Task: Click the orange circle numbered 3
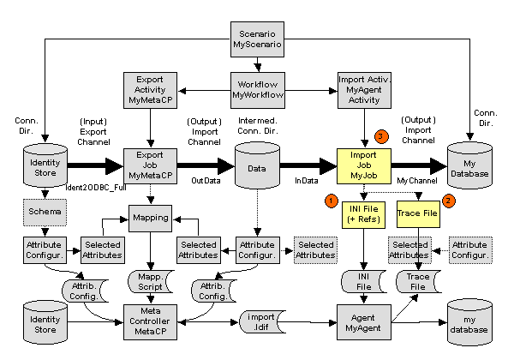click(x=382, y=135)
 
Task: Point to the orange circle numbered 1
click(x=331, y=200)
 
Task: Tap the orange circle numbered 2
click(x=446, y=200)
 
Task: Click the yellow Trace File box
click(x=417, y=214)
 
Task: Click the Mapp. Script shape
click(x=150, y=281)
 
